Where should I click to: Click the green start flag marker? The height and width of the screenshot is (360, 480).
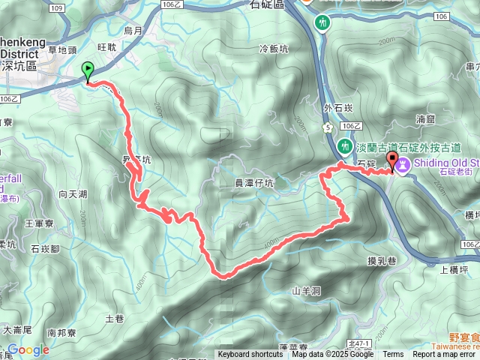coord(88,71)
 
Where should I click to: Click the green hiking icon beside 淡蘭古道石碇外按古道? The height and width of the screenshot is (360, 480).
coord(345,145)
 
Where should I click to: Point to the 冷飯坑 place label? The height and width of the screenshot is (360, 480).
coord(273,49)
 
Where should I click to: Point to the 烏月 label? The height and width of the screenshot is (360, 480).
coord(133,31)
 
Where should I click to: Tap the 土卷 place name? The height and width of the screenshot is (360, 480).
coord(114,319)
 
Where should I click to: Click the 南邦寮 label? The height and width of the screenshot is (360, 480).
coord(62,331)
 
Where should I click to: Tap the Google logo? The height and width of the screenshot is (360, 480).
coord(28,349)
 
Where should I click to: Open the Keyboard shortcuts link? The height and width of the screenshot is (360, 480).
coord(250,355)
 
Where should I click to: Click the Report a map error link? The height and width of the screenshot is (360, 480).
coord(445,355)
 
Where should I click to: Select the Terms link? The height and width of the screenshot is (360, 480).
coord(393,355)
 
